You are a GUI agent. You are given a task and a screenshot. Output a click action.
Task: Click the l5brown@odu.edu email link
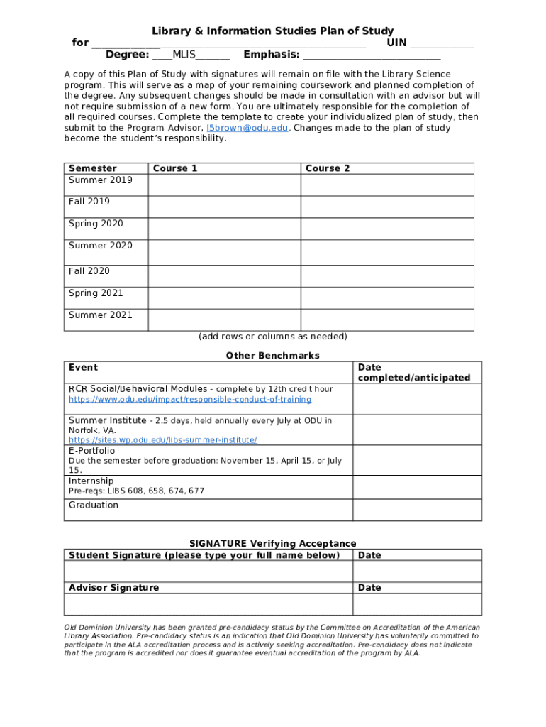(247, 128)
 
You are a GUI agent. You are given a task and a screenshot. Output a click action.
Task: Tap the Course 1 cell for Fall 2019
(224, 207)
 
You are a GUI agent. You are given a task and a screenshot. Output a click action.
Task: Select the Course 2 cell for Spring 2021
(387, 298)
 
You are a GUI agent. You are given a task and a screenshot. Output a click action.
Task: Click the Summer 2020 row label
(101, 246)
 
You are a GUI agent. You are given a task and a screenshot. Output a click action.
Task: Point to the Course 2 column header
(327, 168)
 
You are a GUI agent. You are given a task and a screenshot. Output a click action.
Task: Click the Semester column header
(93, 168)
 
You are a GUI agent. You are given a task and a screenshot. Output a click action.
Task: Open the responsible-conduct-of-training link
(189, 400)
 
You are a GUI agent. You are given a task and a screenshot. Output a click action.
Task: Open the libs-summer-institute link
(162, 440)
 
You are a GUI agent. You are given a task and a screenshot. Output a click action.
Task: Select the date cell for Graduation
(417, 510)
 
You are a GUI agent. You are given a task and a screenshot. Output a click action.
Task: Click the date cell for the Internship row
(417, 487)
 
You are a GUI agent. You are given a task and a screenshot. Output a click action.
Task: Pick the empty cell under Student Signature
(208, 572)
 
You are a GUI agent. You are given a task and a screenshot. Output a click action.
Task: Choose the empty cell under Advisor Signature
(208, 604)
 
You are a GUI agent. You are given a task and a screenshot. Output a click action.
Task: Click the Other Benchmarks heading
(272, 355)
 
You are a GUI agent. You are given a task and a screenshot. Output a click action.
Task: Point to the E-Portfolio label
(91, 450)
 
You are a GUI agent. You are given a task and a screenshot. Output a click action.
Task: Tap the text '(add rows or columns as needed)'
(272, 337)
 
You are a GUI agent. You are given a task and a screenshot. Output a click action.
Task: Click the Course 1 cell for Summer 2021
(224, 320)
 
